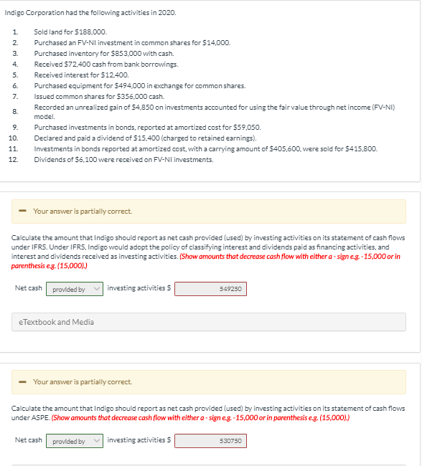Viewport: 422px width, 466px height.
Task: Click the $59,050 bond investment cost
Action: (x=248, y=127)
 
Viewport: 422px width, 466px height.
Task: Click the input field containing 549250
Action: (x=210, y=289)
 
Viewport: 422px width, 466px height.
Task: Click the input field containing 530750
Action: (x=210, y=440)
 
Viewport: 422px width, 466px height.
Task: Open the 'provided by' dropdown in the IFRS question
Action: (x=75, y=289)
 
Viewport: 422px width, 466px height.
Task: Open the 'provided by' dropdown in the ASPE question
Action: (x=75, y=440)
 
